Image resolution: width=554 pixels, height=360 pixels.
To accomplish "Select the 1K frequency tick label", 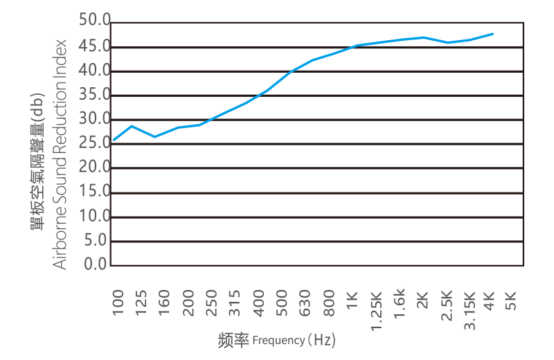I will (x=352, y=303).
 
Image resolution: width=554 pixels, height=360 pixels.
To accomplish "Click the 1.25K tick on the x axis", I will (x=376, y=310).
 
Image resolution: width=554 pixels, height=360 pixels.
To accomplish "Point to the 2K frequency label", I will (x=423, y=303).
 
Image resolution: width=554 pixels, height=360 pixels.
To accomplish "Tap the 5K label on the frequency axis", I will (x=511, y=303).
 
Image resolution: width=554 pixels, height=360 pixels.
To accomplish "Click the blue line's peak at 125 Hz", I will (x=132, y=125).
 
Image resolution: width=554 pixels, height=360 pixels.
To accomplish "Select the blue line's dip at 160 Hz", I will (x=155, y=137).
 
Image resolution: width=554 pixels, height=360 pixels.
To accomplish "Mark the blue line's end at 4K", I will (x=493, y=33).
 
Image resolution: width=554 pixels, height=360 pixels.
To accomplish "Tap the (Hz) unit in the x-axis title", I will (x=321, y=340).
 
